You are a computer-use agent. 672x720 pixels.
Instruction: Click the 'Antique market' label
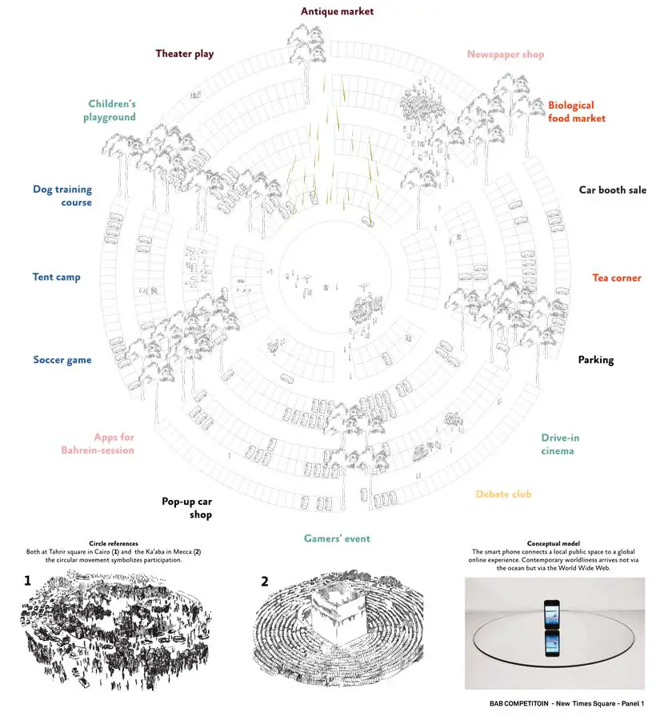[x=337, y=11]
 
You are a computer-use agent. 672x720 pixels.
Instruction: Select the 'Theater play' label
[x=184, y=54]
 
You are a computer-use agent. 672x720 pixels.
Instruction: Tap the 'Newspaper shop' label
[x=505, y=54]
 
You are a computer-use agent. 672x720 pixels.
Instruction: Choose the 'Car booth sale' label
[x=612, y=190]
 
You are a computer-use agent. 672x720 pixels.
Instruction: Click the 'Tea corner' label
[x=616, y=278]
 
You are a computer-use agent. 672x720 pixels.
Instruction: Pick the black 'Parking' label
[x=595, y=359]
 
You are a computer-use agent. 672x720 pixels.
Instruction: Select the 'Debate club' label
[x=503, y=494]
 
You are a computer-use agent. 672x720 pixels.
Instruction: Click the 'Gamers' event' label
[x=337, y=538]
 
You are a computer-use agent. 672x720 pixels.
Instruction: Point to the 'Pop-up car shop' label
[x=187, y=508]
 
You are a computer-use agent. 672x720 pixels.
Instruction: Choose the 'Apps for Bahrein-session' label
[x=98, y=443]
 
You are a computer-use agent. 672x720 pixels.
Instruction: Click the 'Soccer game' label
[x=62, y=359]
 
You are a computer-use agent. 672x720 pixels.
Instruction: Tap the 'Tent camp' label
[x=56, y=277]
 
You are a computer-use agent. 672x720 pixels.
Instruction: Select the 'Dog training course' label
[x=62, y=196]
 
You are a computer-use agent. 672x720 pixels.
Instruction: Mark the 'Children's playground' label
[x=111, y=110]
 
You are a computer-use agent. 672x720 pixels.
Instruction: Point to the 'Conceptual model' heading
[x=554, y=542]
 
